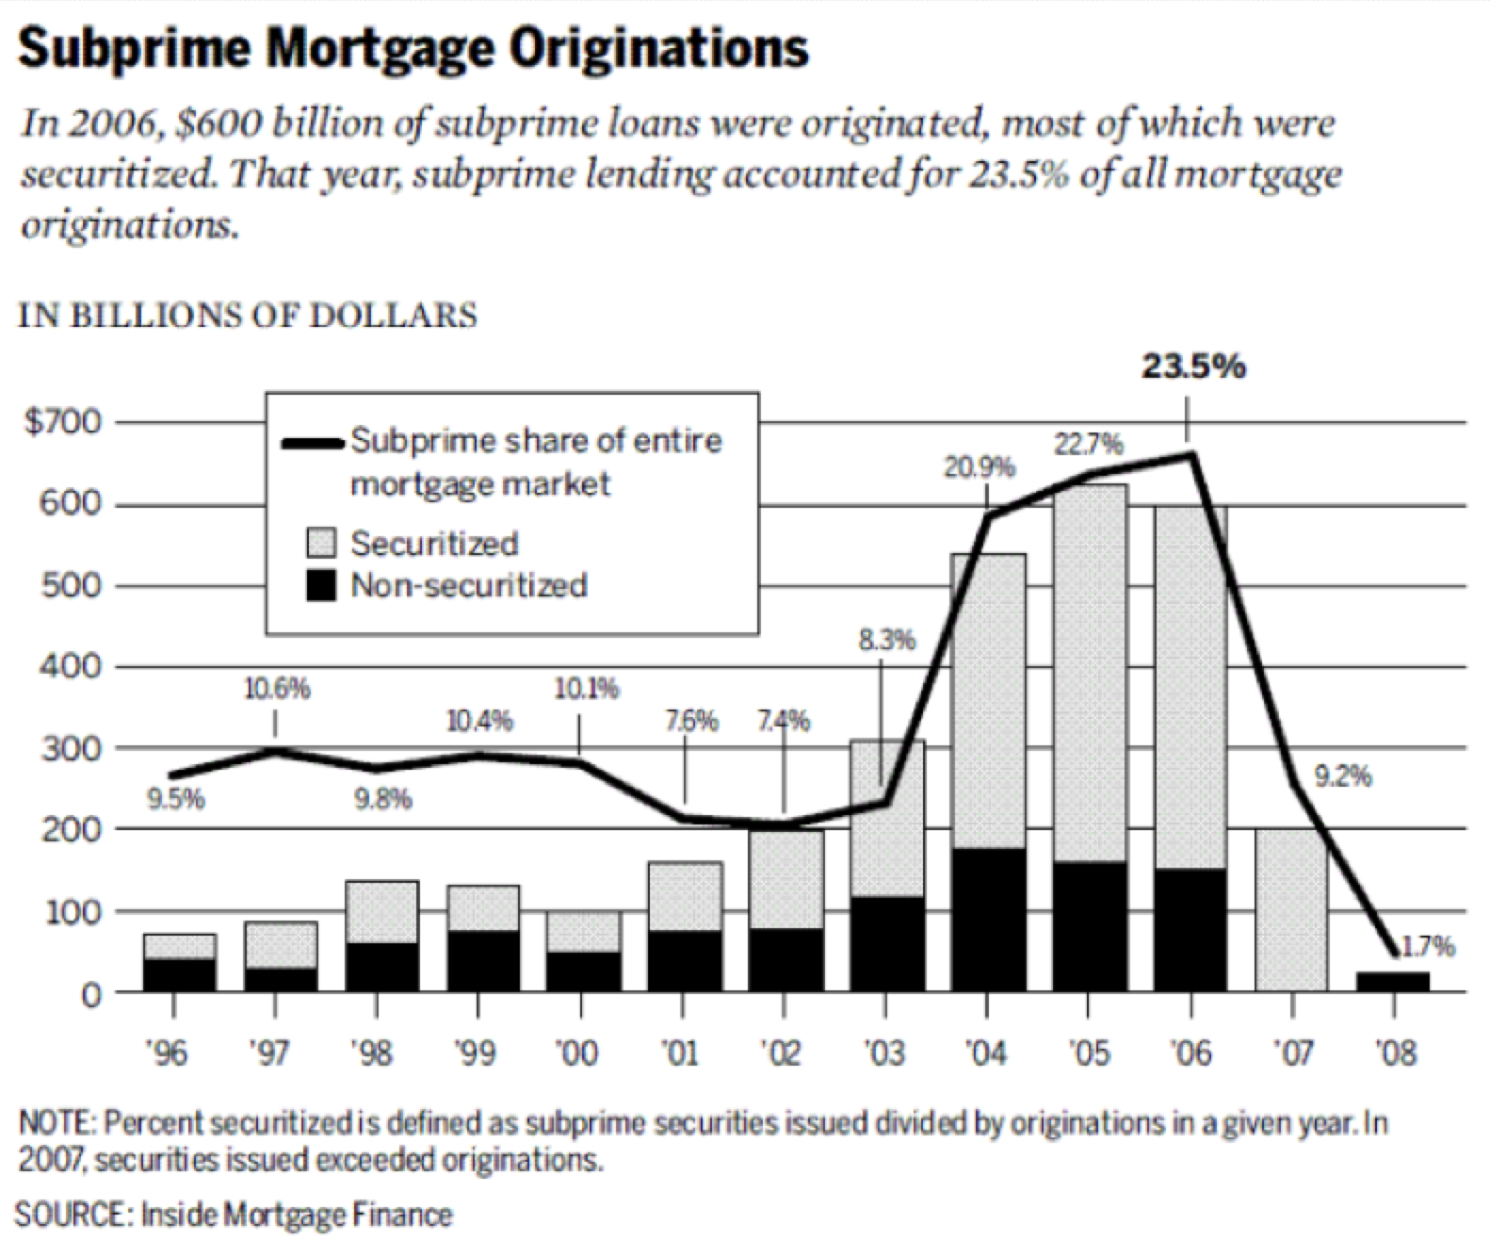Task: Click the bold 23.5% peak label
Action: pos(1193,367)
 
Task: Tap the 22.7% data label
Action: pos(1087,444)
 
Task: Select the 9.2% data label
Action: pos(1342,778)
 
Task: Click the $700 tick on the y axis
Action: pos(61,423)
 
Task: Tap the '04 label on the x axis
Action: pos(985,1052)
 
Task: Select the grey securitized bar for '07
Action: pos(1291,909)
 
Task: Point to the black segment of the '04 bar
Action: pos(988,919)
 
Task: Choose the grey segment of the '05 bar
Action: pos(1090,674)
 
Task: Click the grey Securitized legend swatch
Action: pos(322,544)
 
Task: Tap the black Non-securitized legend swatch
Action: pos(322,586)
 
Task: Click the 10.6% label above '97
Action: pos(277,690)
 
